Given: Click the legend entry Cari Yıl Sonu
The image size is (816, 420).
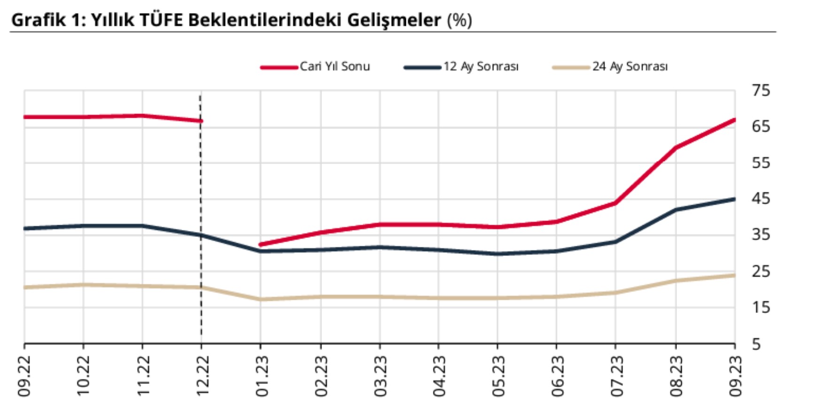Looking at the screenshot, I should tap(334, 67).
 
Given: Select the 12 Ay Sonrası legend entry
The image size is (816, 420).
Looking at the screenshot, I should tap(481, 67).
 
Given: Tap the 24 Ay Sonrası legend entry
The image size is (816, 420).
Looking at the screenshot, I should tap(629, 67).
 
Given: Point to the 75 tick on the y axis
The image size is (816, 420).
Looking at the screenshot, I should tap(761, 90).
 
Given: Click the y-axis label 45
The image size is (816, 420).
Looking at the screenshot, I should tap(761, 199).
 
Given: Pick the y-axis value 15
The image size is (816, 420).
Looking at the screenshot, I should tap(761, 307).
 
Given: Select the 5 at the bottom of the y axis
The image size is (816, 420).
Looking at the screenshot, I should tap(756, 344).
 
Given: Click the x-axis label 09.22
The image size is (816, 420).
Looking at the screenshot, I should tap(24, 375).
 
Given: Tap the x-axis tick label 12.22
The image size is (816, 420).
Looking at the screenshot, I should tap(202, 375).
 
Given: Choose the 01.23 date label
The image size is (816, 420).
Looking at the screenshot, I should tap(261, 375).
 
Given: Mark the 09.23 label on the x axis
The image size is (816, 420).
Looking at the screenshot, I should tap(735, 375).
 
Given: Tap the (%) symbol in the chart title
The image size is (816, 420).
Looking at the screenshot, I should tap(459, 20).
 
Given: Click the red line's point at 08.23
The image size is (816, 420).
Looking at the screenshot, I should tap(676, 147).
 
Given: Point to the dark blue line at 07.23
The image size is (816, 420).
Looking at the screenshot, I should tap(615, 242).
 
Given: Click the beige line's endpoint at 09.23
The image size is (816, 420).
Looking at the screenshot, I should tap(734, 275).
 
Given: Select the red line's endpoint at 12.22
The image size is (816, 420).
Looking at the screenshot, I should tap(201, 121).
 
